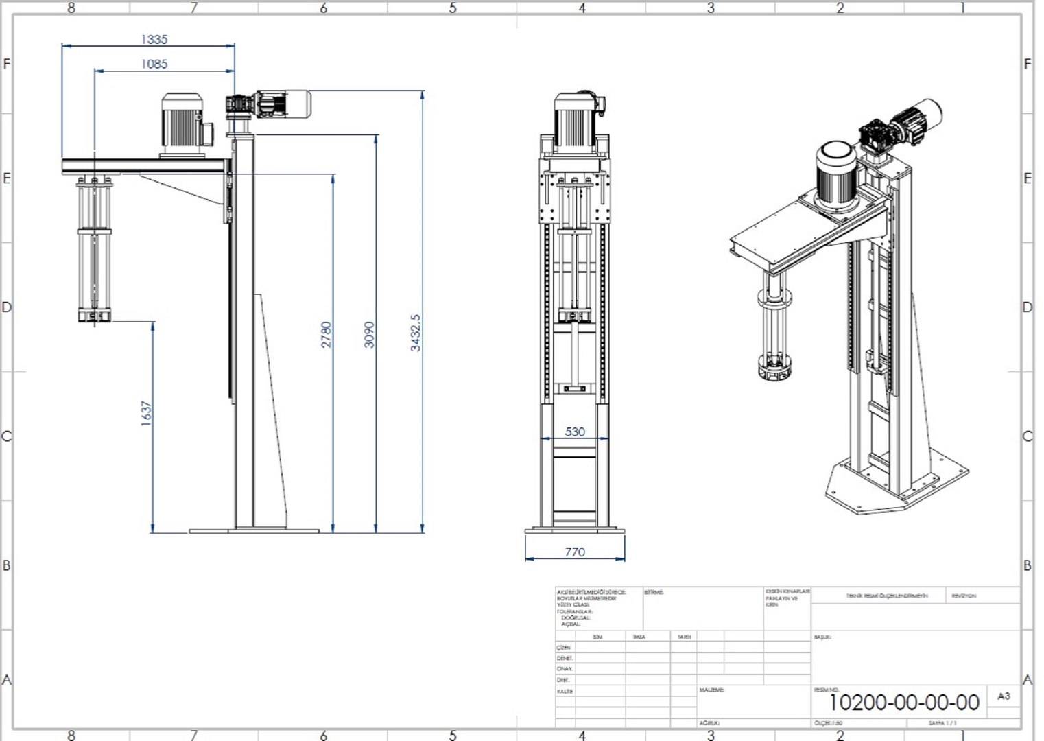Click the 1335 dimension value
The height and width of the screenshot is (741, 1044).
(154, 40)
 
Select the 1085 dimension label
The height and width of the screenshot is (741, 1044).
(154, 64)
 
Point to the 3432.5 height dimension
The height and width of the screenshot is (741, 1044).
(416, 333)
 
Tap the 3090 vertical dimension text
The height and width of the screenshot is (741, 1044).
(369, 334)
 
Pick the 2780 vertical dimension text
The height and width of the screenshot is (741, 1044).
(327, 334)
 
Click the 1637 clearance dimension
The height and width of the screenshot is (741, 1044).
(145, 414)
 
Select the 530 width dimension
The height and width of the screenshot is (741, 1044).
(575, 432)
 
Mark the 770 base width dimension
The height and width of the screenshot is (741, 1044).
(575, 552)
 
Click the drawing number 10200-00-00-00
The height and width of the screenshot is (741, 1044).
(904, 703)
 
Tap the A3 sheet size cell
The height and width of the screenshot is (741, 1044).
(1003, 696)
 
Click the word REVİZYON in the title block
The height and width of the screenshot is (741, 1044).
(964, 596)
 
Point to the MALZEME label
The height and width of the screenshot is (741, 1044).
(711, 690)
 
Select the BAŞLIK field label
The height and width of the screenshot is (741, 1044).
(822, 637)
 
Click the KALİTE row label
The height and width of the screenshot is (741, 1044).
(565, 692)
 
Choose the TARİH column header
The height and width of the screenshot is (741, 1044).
(684, 637)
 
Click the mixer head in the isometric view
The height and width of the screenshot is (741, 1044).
(774, 370)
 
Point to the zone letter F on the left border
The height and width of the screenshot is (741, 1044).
(7, 64)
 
